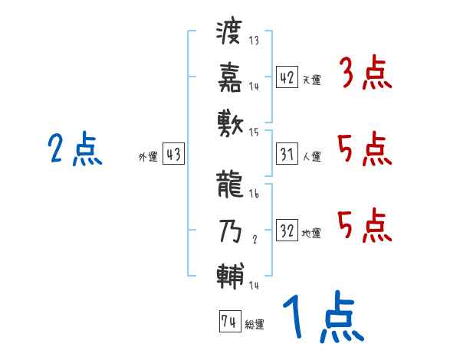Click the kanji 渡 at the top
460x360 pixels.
tap(230, 32)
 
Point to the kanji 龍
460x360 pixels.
tap(230, 183)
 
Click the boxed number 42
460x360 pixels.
tap(286, 78)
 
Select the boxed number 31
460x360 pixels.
tap(286, 155)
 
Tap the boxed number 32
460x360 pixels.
tap(286, 231)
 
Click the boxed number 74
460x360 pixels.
tap(228, 322)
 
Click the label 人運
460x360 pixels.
tap(311, 157)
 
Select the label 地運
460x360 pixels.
tap(311, 234)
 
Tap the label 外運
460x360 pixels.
tap(147, 157)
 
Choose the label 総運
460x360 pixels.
tap(255, 324)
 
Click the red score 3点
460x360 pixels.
tap(365, 75)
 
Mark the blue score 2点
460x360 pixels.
tap(74, 149)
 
